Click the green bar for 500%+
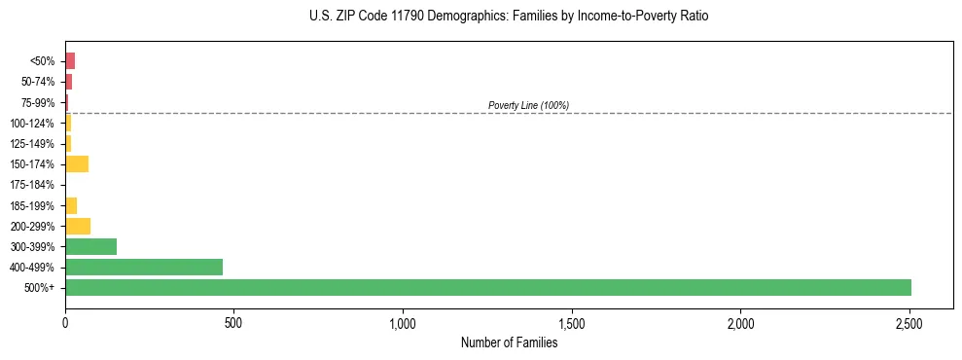tap(487, 287)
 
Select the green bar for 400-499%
tap(144, 267)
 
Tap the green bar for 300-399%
tap(90, 246)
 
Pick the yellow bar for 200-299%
tap(78, 226)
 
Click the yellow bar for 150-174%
tap(77, 163)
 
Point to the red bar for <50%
tap(70, 60)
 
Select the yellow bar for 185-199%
tap(71, 205)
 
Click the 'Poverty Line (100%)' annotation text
tap(528, 105)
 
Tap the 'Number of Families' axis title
tap(509, 342)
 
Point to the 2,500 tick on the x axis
tap(909, 323)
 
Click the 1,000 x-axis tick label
tap(403, 323)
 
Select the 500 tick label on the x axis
tap(233, 323)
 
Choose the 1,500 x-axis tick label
tap(572, 323)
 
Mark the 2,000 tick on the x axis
tap(740, 323)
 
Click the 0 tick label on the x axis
tap(65, 323)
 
